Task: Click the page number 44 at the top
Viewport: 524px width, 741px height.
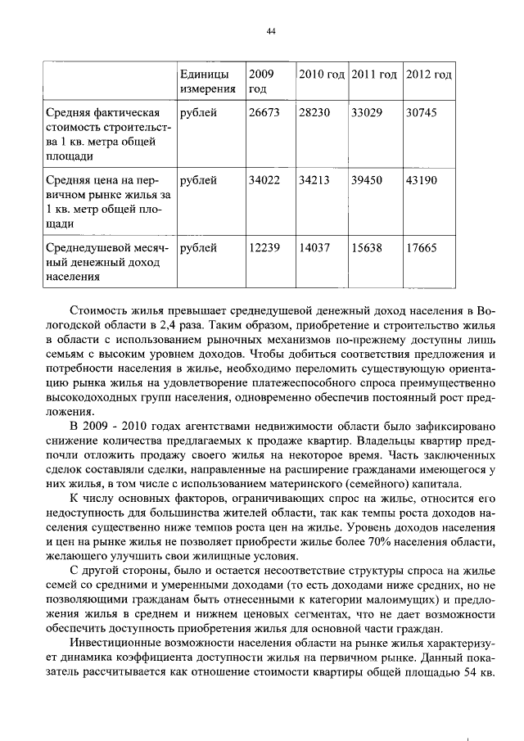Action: (270, 32)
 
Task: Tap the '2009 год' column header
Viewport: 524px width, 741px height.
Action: (260, 81)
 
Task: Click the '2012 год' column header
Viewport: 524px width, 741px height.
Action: (428, 75)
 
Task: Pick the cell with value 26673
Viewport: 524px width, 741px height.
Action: (264, 112)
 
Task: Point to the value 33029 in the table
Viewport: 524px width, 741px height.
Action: (366, 112)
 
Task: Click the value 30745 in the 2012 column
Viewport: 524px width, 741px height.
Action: (422, 112)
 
